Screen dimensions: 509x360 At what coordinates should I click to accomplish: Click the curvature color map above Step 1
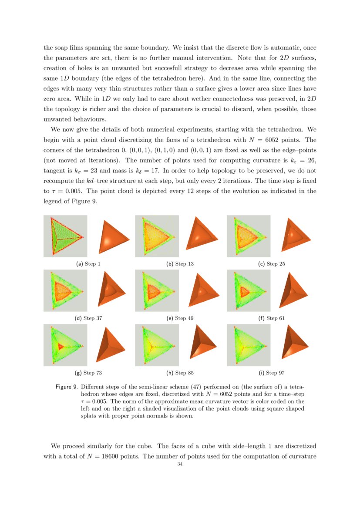point(65,236)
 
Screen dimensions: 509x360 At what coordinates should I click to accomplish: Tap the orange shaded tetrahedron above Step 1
point(112,236)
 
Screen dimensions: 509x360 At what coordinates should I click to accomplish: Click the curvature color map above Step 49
point(157,290)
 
